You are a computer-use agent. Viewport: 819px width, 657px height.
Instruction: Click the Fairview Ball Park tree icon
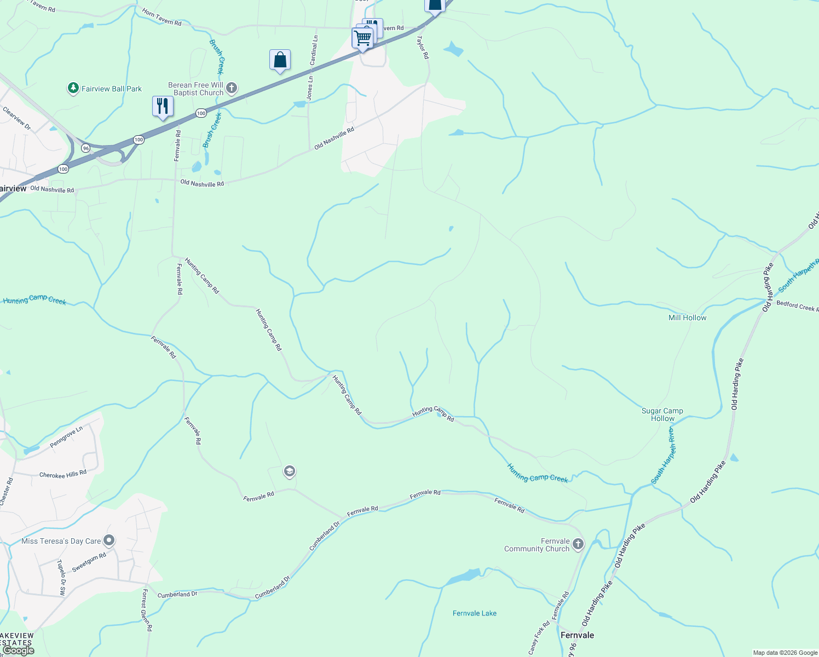73,88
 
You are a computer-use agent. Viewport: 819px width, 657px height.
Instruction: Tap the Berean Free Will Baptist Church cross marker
232,88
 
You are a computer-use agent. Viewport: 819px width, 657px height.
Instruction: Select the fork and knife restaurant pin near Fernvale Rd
163,105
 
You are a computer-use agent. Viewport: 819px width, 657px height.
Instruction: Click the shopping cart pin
362,38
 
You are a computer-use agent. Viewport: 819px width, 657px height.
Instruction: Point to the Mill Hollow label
687,318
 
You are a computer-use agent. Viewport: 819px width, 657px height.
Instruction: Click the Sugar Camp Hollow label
662,414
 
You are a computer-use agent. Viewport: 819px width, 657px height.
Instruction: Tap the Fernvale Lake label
475,613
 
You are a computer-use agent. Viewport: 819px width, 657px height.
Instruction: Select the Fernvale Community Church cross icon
578,544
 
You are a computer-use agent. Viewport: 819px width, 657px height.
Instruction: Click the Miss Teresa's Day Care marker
109,541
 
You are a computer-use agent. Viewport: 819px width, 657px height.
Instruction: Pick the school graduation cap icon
290,471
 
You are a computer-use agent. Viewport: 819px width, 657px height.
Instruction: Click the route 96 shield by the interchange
85,148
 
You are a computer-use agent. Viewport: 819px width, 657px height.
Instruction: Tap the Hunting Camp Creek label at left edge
34,299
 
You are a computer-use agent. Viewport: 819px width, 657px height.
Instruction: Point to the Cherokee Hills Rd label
63,474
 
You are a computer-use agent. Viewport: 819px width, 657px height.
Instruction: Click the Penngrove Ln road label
66,437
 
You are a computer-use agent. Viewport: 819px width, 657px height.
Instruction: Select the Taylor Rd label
422,48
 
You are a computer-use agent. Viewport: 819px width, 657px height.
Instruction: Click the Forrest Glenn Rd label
146,610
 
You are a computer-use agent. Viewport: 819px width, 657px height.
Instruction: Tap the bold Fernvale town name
577,635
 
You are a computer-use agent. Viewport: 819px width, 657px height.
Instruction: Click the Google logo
18,650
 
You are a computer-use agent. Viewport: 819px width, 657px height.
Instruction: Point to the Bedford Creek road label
797,306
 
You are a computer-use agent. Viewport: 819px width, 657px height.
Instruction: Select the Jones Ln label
310,88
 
